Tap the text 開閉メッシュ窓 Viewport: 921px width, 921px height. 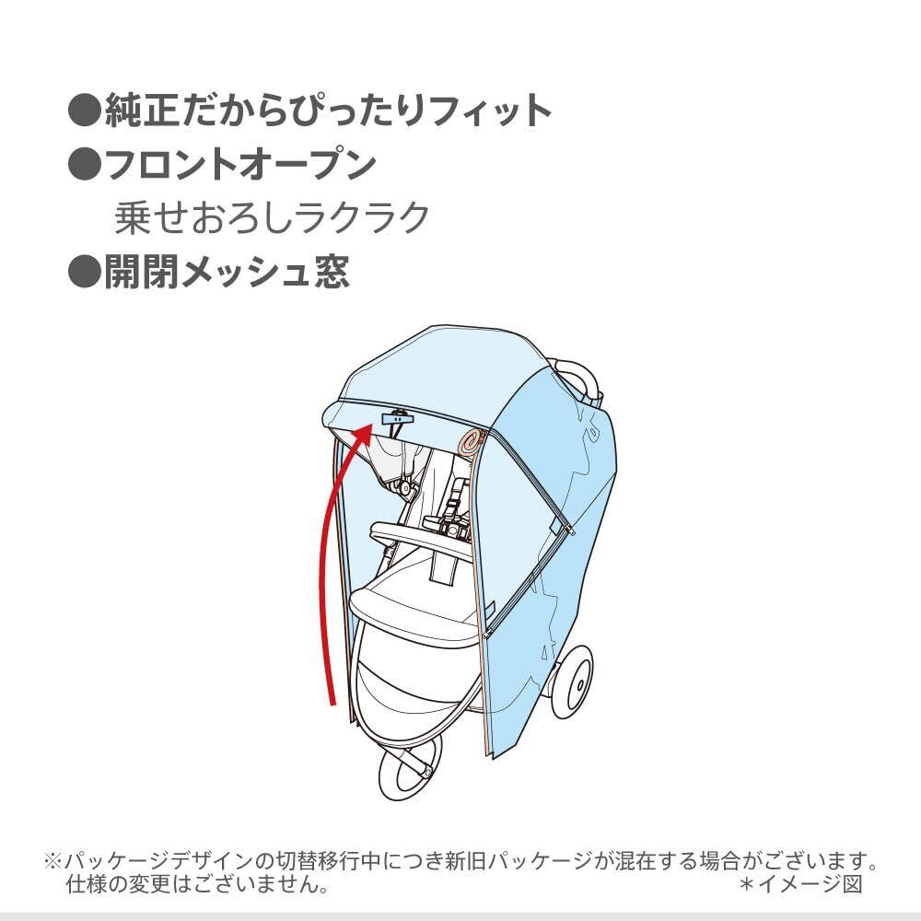227,273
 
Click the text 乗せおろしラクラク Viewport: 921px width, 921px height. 272,218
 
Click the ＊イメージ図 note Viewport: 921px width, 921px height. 800,885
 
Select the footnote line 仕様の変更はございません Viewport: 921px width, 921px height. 198,885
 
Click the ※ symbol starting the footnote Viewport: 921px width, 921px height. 52,863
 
